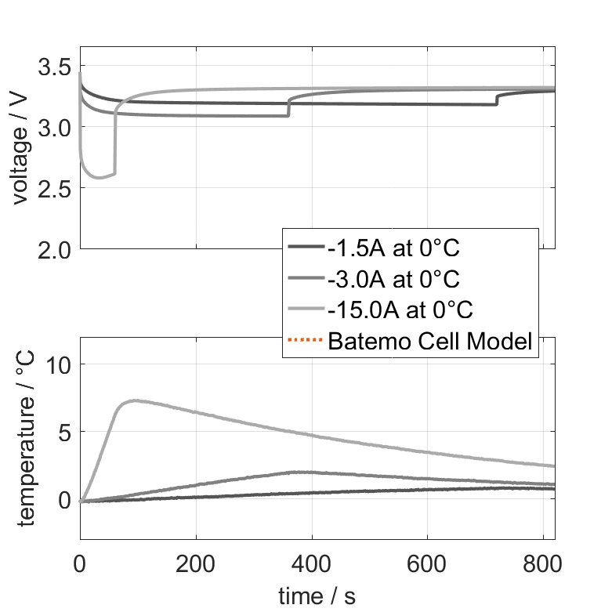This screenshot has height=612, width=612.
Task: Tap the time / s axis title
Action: pos(317,596)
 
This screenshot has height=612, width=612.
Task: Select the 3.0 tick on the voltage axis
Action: pos(53,126)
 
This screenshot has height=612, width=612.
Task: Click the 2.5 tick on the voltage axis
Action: pos(53,188)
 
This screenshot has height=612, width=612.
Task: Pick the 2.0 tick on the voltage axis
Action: pos(53,249)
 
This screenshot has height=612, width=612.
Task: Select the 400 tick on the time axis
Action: pos(312,563)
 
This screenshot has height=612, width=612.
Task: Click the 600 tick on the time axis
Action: pos(427,563)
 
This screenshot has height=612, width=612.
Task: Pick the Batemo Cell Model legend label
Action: pos(431,341)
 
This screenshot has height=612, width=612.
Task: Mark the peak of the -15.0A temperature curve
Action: pos(135,400)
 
